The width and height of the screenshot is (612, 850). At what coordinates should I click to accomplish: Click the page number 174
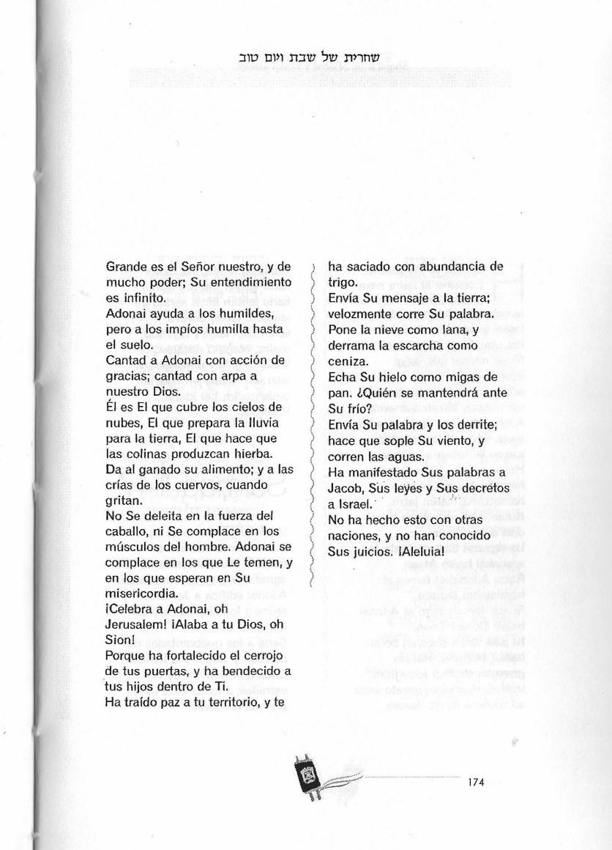tap(476, 783)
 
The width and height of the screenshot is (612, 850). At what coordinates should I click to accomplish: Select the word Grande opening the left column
tap(127, 267)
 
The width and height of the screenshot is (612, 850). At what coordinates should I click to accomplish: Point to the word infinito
tap(148, 298)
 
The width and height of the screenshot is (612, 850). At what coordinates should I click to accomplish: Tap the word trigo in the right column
tap(342, 283)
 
